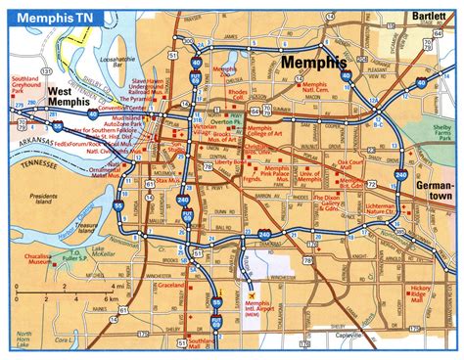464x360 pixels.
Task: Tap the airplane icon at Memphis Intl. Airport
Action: (253, 293)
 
